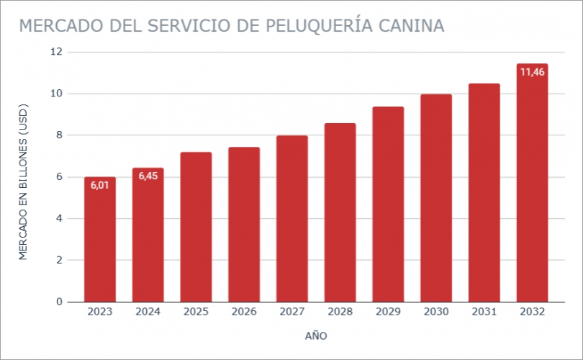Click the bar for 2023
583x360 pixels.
100,239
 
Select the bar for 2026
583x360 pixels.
244,224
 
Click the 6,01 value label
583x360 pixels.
100,186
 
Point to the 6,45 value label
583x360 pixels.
148,176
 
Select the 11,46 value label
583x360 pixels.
532,72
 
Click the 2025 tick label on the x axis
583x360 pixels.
196,312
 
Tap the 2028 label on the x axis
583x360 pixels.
340,312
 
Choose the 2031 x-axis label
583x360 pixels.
484,312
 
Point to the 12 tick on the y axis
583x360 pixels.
56,52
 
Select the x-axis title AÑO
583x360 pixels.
316,336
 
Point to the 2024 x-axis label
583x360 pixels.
148,312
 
